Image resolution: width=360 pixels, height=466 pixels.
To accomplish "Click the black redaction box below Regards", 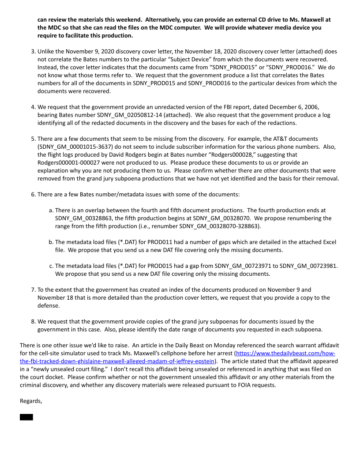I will tap(26, 417).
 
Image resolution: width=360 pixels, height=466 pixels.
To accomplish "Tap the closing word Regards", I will tap(31, 401).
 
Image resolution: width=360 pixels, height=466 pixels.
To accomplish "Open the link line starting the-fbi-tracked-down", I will tap(117, 361).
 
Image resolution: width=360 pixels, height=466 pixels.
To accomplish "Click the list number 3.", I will tap(33, 52).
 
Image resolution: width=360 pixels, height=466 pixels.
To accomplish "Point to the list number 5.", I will tap(33, 139).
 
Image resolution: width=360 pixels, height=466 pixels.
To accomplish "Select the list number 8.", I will tap(33, 321).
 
